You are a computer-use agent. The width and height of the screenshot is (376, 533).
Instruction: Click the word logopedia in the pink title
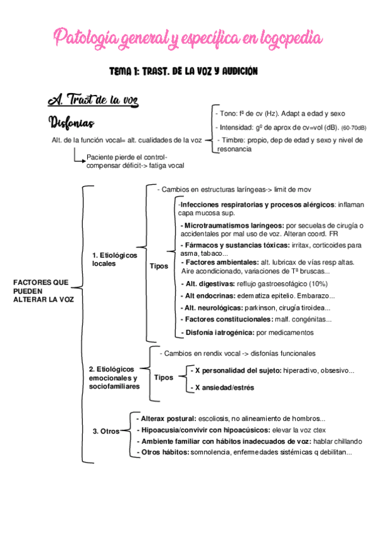tap(289, 39)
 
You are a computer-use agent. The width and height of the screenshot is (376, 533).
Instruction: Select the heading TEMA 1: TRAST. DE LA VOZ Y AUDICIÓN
tap(183, 72)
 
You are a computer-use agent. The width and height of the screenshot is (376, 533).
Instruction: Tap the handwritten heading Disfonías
tap(72, 121)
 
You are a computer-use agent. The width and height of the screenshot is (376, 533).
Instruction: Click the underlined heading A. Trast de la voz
tap(93, 100)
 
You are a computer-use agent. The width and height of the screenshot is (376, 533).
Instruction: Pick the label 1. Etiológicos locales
tap(113, 259)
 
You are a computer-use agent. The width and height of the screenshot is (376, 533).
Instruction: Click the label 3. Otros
tap(106, 431)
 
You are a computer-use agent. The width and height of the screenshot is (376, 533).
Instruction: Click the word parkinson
tap(262, 307)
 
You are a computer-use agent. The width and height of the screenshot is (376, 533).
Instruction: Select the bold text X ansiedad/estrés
tap(225, 388)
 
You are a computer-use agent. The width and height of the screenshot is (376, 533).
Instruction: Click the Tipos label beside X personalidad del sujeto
tap(164, 378)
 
